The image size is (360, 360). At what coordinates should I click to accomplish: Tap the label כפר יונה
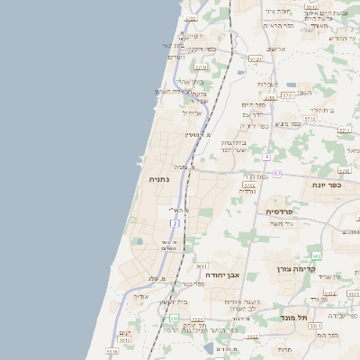[x=330, y=184]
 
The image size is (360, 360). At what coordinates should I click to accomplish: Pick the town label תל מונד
[x=293, y=318]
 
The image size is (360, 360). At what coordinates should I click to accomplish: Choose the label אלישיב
[x=275, y=49]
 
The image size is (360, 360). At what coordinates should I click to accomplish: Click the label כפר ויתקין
[x=201, y=49]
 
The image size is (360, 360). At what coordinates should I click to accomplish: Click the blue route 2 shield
[x=175, y=221]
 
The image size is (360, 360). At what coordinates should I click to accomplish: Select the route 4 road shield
[x=266, y=157]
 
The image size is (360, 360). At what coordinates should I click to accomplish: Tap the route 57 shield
[x=277, y=173]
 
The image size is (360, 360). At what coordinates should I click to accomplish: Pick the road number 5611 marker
[x=200, y=266]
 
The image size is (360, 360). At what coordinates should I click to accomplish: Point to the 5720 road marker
[x=201, y=67]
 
